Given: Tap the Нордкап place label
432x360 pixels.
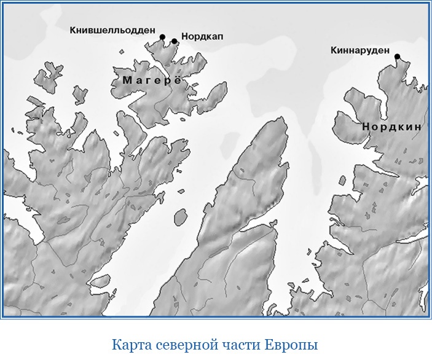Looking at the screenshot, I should [202, 37].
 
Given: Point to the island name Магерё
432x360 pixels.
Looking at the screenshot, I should [152, 80].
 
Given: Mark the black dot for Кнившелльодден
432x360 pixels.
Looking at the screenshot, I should [162, 37].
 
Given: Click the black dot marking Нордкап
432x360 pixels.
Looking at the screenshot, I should [175, 41].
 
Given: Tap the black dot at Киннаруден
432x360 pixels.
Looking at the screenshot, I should [397, 57].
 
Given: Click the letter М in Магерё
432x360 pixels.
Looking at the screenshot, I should [127, 80].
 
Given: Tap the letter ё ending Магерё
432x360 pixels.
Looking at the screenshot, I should [178, 80].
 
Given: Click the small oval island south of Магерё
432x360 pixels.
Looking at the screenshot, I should [180, 217].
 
